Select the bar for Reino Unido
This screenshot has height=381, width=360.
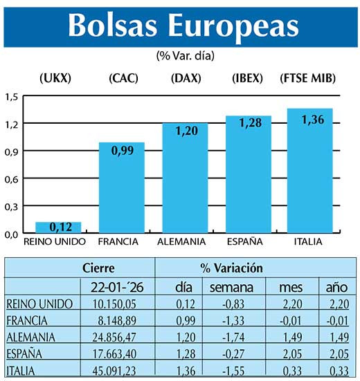click(58, 227)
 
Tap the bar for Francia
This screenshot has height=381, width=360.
click(122, 188)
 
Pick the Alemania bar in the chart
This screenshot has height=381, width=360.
click(185, 178)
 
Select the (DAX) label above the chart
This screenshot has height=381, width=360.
click(185, 78)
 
